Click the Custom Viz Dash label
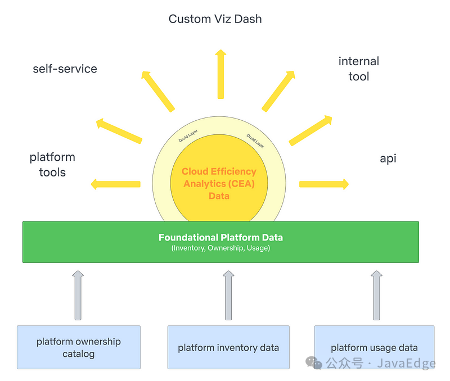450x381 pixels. click(215, 19)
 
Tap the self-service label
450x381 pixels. click(65, 69)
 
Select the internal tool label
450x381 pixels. click(359, 69)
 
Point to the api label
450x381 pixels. click(388, 158)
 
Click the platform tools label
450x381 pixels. click(52, 165)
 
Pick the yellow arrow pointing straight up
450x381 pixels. click(220, 74)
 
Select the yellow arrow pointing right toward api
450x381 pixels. click(324, 184)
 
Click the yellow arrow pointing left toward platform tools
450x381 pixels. click(116, 184)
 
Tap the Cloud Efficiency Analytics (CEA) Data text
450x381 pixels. click(219, 184)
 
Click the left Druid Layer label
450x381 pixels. click(188, 136)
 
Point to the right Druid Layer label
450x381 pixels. click(255, 140)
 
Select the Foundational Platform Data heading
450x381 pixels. click(220, 237)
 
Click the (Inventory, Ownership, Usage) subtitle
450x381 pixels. click(220, 248)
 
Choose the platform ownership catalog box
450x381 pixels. click(79, 347)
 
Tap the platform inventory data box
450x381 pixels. click(228, 347)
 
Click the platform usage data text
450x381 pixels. click(374, 348)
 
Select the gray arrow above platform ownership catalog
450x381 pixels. click(78, 295)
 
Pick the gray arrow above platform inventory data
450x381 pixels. click(228, 295)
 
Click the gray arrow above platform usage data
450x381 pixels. click(376, 295)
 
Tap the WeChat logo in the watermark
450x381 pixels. click(314, 362)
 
